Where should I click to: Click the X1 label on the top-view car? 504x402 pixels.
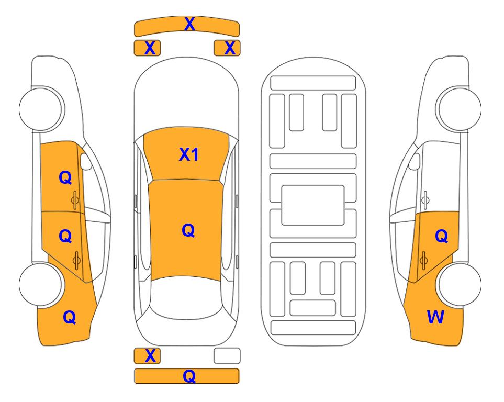pyautogui.click(x=189, y=154)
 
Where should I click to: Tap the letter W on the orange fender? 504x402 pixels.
pyautogui.click(x=435, y=317)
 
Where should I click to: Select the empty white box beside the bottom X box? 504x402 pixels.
pyautogui.click(x=227, y=356)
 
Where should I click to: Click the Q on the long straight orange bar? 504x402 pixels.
pyautogui.click(x=189, y=376)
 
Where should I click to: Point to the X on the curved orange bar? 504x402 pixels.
pyautogui.click(x=189, y=24)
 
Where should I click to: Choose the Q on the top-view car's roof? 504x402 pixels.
pyautogui.click(x=188, y=230)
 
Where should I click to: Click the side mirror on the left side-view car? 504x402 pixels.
pyautogui.click(x=85, y=162)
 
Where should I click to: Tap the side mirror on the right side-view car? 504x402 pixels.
pyautogui.click(x=415, y=161)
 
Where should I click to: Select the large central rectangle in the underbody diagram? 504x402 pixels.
pyautogui.click(x=313, y=205)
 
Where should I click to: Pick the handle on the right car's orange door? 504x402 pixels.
pyautogui.click(x=423, y=260)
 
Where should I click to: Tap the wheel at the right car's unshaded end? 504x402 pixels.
pyautogui.click(x=459, y=109)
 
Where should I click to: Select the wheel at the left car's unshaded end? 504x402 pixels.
pyautogui.click(x=42, y=109)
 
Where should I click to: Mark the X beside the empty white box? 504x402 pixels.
pyautogui.click(x=150, y=356)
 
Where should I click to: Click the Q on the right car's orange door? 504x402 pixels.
pyautogui.click(x=442, y=237)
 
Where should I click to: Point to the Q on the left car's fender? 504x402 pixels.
pyautogui.click(x=70, y=317)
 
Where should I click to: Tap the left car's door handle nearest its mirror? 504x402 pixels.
pyautogui.click(x=75, y=200)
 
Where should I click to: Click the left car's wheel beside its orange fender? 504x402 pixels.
pyautogui.click(x=41, y=284)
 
